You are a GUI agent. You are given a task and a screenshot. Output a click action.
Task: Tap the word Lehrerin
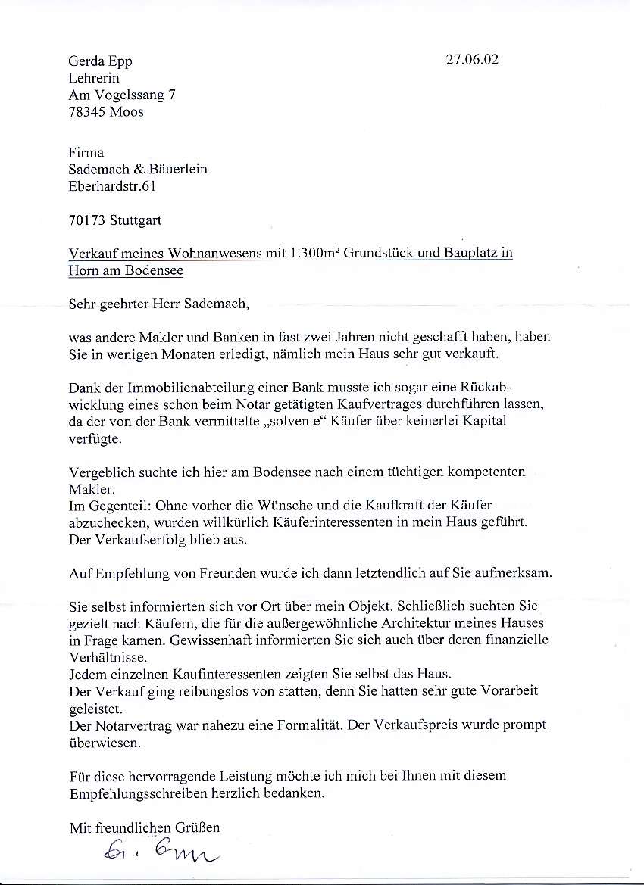pyautogui.click(x=94, y=78)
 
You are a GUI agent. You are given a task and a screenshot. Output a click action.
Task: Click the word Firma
pyautogui.click(x=86, y=153)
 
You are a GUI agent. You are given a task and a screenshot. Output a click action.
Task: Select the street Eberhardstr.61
pyautogui.click(x=112, y=186)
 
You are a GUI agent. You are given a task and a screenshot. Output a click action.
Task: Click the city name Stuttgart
pyautogui.click(x=135, y=221)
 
